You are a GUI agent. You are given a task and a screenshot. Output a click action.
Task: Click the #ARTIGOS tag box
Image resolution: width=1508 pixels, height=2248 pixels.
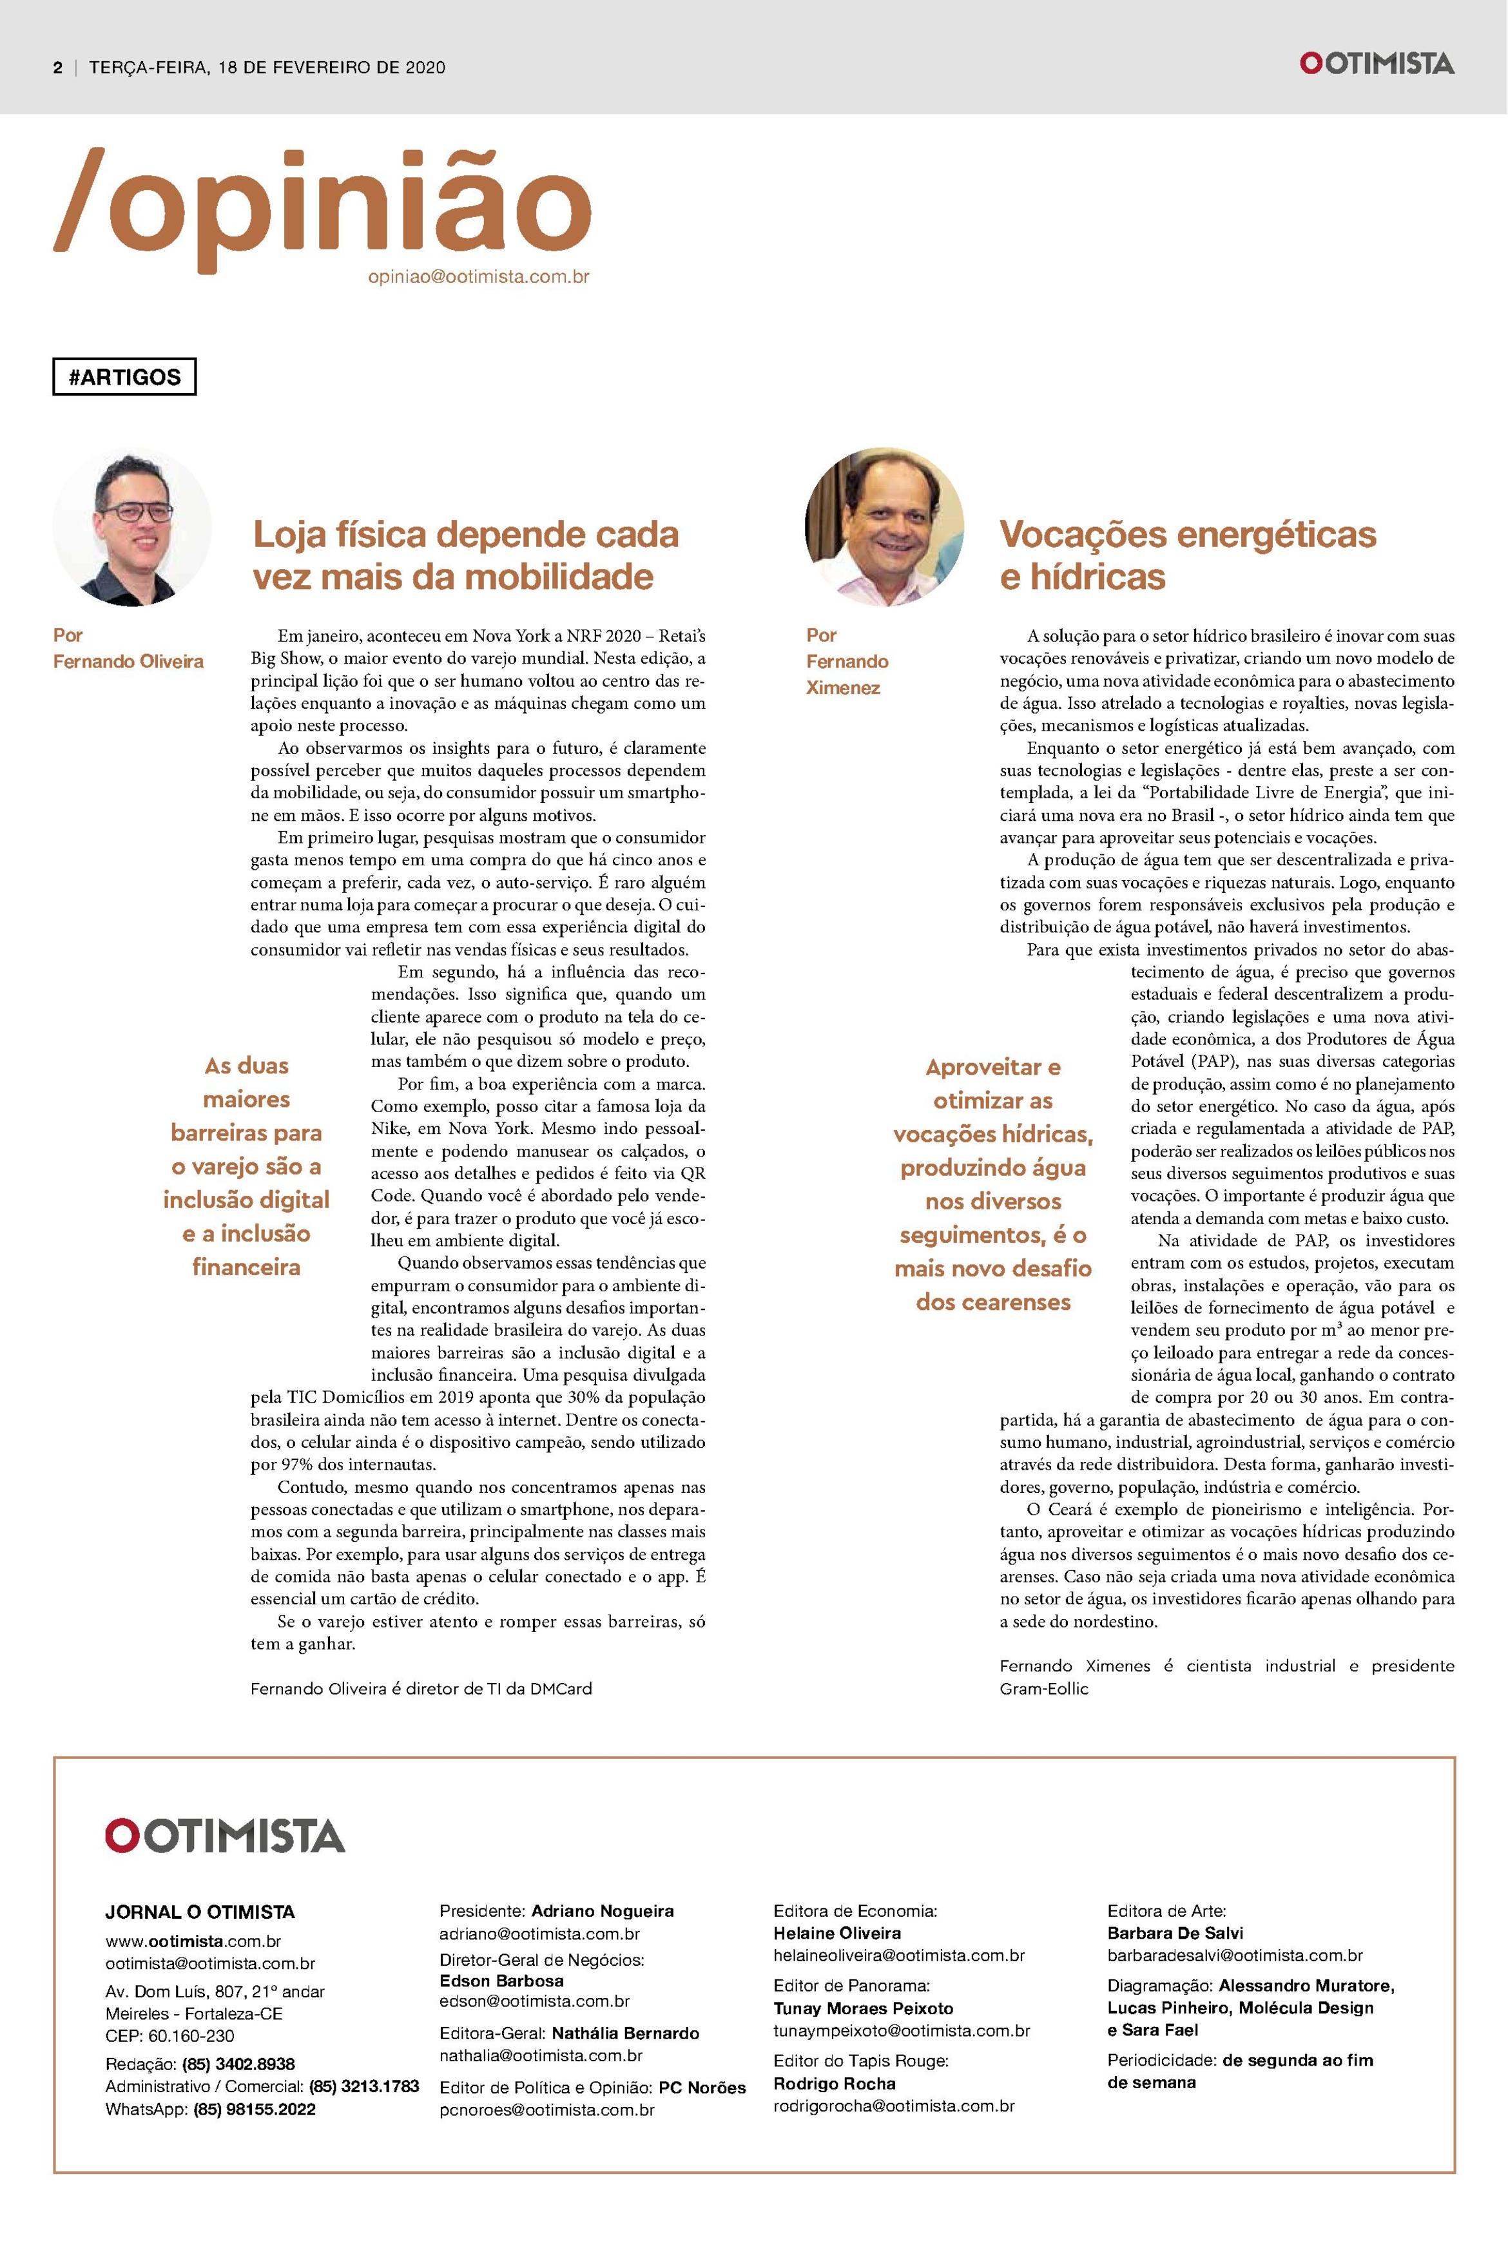[x=124, y=377]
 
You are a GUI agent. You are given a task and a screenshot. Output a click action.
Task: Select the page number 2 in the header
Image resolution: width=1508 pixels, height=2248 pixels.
[x=58, y=67]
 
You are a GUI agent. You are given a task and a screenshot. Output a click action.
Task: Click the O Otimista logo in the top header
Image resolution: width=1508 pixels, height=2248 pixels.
[x=1377, y=64]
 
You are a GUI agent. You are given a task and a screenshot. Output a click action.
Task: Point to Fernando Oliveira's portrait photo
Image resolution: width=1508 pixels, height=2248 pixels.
[x=131, y=527]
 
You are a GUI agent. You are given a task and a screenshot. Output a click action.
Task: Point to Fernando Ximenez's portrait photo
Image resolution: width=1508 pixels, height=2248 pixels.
[x=884, y=527]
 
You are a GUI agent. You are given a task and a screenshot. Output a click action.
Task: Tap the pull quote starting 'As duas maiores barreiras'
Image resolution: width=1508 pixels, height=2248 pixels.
[x=246, y=1166]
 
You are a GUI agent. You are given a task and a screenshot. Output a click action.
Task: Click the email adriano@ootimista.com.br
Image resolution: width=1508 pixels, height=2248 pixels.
[x=539, y=1934]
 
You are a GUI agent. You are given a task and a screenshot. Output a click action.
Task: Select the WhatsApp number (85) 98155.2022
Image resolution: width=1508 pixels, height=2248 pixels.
[x=254, y=2109]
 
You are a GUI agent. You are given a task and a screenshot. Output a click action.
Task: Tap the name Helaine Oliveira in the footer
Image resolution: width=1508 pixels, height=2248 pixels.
[x=836, y=1933]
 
